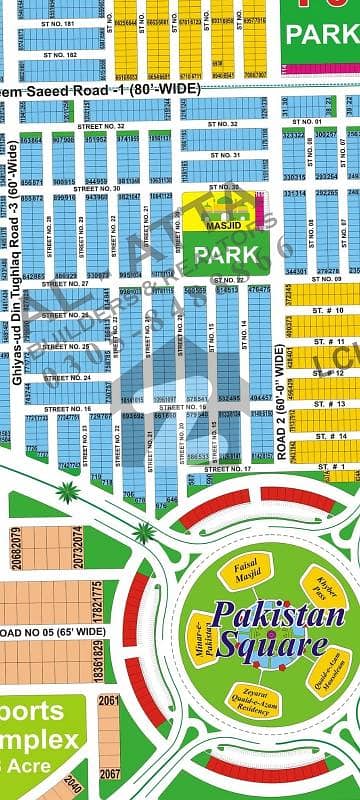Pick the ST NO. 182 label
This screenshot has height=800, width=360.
click(57, 54)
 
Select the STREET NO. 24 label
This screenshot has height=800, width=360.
click(68, 378)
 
